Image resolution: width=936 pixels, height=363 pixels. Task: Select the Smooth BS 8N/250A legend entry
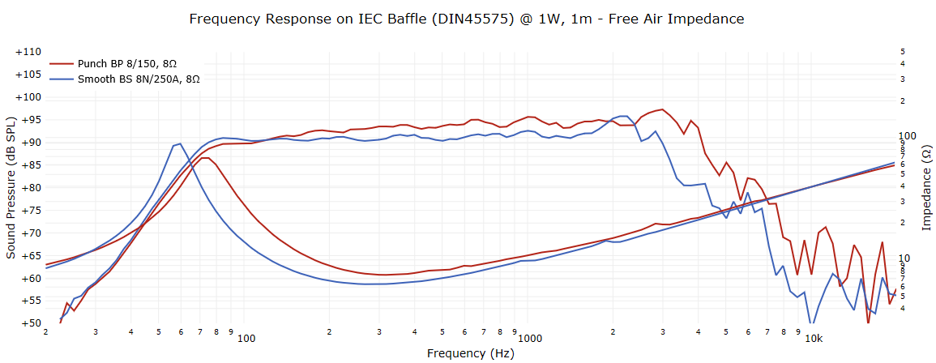tap(139, 79)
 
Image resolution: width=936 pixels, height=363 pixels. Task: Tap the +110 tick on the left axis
tap(28, 52)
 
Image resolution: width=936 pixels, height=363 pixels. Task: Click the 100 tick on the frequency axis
tap(246, 338)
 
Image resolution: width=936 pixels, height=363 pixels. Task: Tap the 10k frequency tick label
tap(814, 338)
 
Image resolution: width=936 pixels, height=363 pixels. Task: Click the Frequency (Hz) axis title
tap(470, 353)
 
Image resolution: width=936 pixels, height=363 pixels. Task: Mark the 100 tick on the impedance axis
tap(909, 135)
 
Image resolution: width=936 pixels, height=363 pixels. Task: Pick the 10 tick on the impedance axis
tap(907, 258)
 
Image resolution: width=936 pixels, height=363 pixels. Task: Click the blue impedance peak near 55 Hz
tap(178, 143)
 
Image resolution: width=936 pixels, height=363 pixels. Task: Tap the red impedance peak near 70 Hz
tap(205, 157)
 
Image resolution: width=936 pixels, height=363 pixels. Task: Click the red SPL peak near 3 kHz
tap(663, 109)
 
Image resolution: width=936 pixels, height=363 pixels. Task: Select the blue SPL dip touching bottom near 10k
tap(811, 323)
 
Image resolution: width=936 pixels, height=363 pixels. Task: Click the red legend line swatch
tap(62, 63)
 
